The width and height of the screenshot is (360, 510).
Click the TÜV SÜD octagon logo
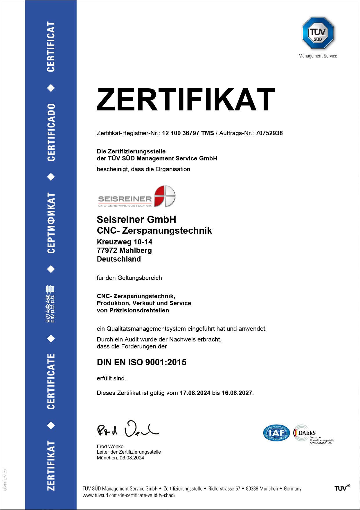pos(318,33)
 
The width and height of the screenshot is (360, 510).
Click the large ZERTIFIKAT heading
pos(186,100)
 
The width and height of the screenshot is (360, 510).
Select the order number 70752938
pos(269,133)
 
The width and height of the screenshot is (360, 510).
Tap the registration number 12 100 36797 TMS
pos(188,133)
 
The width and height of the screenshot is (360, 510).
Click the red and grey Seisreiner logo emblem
pos(165,196)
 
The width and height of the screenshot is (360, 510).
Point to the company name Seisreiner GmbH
pos(136,219)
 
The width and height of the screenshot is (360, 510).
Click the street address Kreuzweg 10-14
pos(125,242)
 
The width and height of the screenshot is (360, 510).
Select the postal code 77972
pos(107,250)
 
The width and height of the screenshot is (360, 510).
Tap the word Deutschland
pos(119,259)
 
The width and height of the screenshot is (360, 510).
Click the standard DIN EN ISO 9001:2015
pos(142,362)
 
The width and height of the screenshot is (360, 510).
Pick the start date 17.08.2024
pos(195,393)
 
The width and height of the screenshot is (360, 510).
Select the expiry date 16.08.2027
pos(237,393)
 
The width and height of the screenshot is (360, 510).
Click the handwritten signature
pos(127,429)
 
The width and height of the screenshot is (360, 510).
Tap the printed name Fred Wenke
pos(110,446)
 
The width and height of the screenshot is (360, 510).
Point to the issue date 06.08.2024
pos(132,458)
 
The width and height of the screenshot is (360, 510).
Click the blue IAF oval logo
pos(276,433)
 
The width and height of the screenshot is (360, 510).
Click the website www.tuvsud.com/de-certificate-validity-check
pos(129,495)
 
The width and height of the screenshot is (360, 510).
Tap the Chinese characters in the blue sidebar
pos(51,304)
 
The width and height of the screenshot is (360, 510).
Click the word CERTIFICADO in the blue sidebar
pos(51,132)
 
